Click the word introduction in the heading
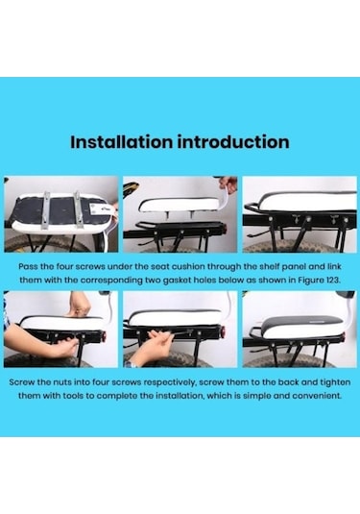pyautogui.click(x=231, y=142)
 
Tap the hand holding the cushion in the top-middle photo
pyautogui.click(x=227, y=184)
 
